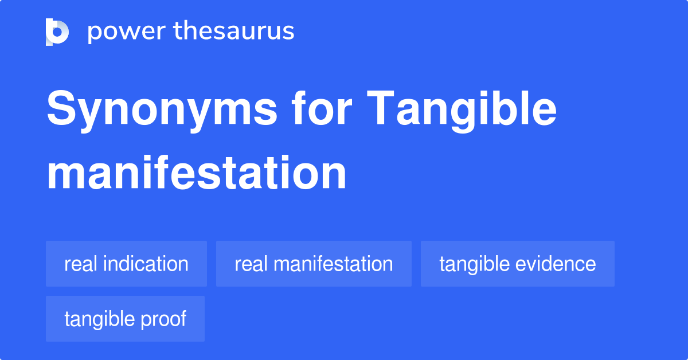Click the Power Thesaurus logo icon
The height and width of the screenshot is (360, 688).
point(57,32)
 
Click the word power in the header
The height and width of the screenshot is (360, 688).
point(127,32)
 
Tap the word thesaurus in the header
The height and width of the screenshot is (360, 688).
point(234,30)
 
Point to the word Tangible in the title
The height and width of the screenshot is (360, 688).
point(462,111)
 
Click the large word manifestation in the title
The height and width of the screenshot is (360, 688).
point(197,173)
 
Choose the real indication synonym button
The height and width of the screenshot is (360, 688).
point(126,264)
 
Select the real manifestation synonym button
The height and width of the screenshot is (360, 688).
point(314,264)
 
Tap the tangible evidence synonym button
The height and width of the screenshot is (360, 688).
point(518,264)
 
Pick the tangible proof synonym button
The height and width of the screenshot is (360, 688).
point(125,319)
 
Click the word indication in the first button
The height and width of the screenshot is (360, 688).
point(146,264)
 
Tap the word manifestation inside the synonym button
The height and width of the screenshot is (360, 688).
point(333,264)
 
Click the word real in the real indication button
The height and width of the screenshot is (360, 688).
point(81,264)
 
